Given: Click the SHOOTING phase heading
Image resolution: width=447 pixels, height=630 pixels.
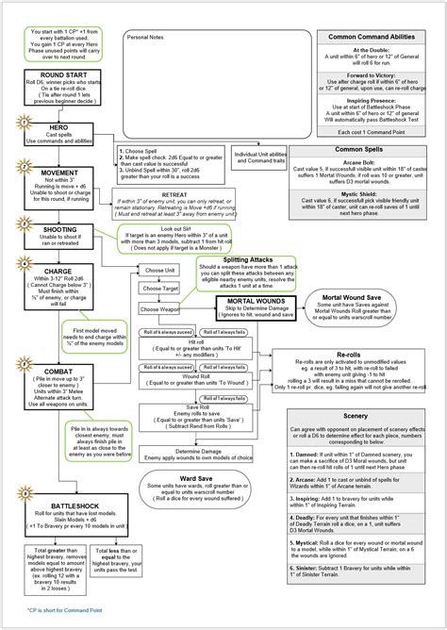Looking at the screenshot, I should [58, 229].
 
